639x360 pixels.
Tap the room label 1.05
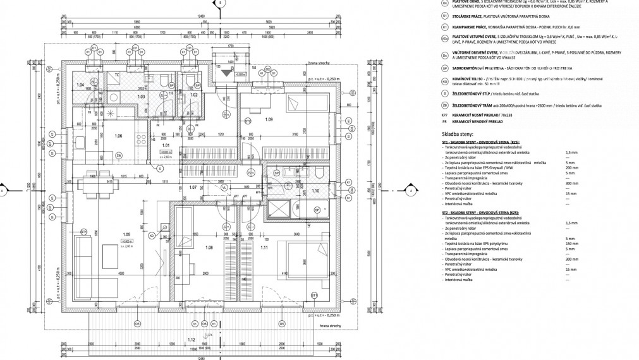[127, 234]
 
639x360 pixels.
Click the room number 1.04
[80, 84]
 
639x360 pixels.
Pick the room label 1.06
[118, 135]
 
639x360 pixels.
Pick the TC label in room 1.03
[117, 75]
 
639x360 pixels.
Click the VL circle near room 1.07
[224, 187]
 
